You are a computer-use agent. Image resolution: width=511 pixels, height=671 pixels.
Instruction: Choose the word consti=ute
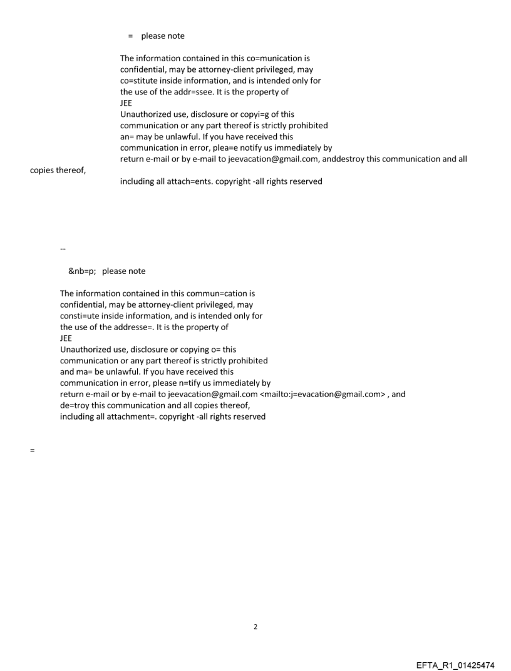(81, 316)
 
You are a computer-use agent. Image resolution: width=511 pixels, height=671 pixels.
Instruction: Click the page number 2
(255, 627)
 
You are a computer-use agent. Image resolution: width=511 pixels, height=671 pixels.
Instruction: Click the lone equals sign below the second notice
(32, 450)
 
